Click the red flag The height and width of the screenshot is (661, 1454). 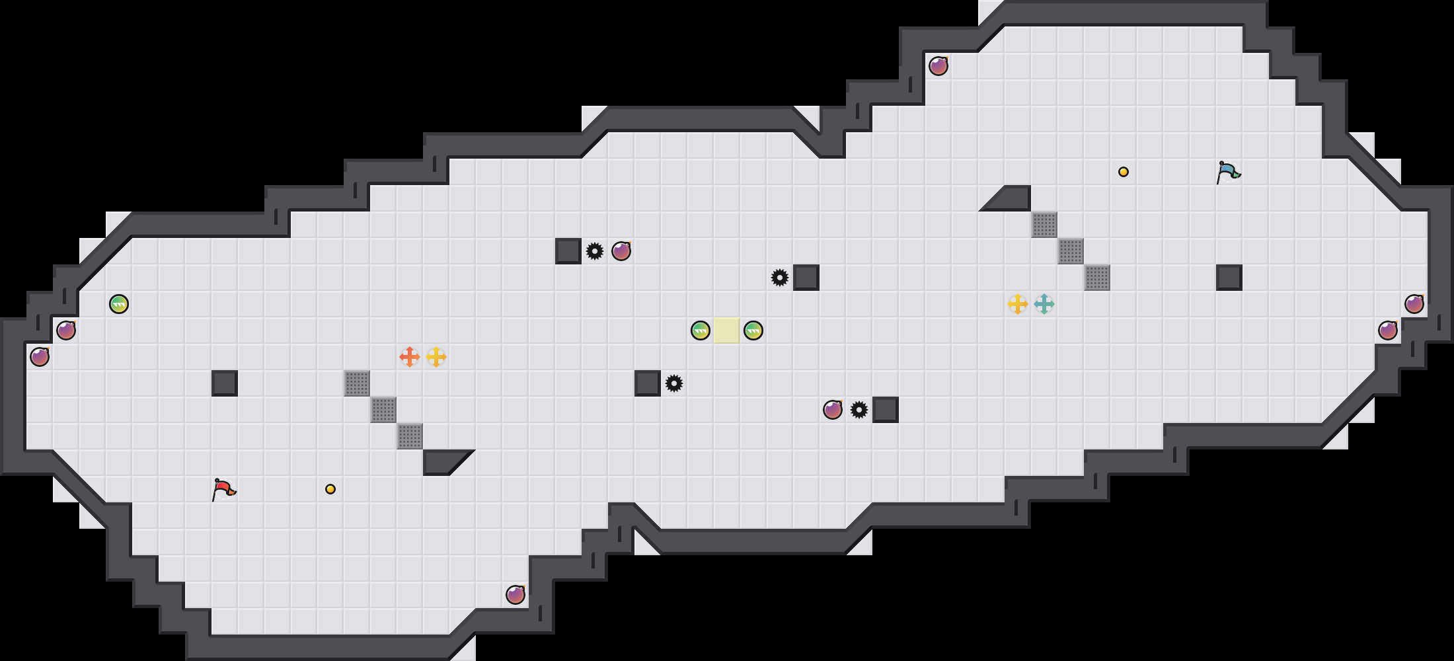(223, 489)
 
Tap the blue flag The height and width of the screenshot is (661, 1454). (1228, 172)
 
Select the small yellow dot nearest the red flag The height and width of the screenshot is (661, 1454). (330, 489)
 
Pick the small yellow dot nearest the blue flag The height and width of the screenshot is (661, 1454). (1124, 172)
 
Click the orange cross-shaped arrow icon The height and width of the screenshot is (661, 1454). (410, 357)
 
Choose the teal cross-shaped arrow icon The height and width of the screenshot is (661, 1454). (1044, 304)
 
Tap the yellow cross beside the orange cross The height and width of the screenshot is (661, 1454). (436, 357)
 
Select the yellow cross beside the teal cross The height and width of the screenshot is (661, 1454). (1018, 304)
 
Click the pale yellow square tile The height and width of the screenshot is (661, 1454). (727, 330)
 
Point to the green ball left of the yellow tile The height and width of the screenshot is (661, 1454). (701, 330)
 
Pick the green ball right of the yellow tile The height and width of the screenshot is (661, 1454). (753, 330)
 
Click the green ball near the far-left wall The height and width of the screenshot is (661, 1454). (119, 304)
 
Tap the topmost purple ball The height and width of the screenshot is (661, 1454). (938, 66)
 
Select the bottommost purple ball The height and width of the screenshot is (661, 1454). (516, 595)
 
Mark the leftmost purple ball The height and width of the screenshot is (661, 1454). (40, 357)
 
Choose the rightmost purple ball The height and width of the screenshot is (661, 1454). (1414, 304)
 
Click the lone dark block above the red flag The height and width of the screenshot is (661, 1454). (225, 383)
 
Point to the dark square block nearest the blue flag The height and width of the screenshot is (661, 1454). (1229, 278)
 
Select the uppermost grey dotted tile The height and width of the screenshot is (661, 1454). (1044, 225)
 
